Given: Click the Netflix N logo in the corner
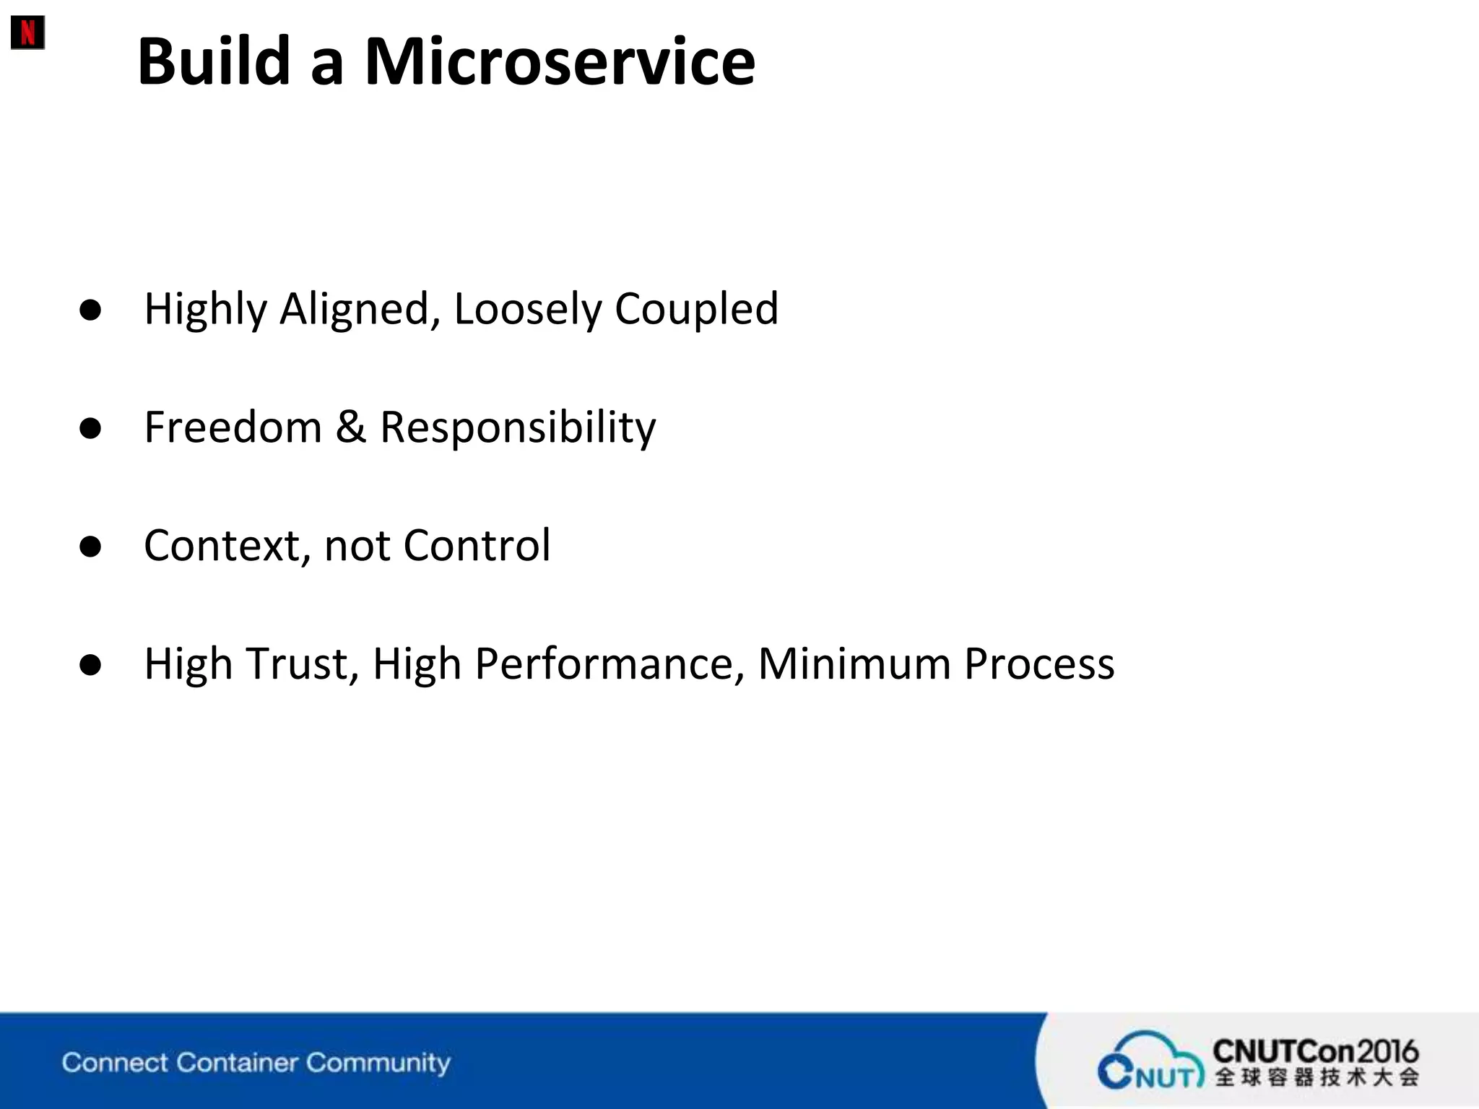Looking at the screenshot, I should click(x=27, y=32).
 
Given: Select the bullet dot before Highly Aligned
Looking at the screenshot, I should click(x=91, y=310).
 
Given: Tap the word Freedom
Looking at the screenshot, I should click(x=233, y=427).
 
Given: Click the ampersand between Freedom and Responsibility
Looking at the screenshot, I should click(x=351, y=427).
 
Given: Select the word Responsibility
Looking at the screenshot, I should click(x=518, y=427).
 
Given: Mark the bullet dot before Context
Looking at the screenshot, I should click(x=91, y=547).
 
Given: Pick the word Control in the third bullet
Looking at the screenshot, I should click(x=477, y=546).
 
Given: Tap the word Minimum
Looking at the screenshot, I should click(x=854, y=664).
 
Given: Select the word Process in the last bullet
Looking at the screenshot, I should click(x=1039, y=664).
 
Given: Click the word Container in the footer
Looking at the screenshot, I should click(x=237, y=1063).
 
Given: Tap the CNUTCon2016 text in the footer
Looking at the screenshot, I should click(x=1315, y=1051).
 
